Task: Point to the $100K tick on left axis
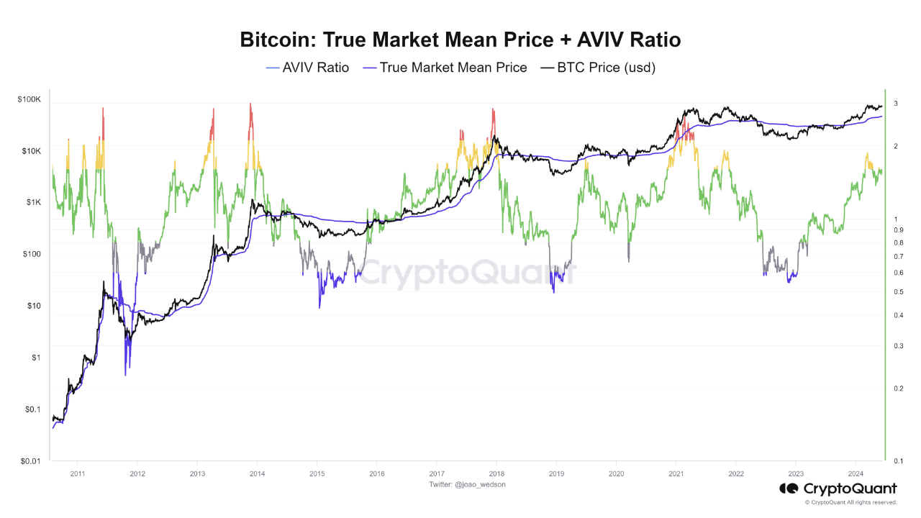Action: tap(30, 100)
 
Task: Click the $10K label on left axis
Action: tap(32, 152)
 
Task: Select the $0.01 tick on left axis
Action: tap(31, 461)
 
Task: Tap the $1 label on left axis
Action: tap(37, 358)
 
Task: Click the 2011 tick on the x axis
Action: tap(78, 474)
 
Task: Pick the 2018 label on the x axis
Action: tap(496, 474)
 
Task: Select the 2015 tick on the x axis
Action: tap(317, 474)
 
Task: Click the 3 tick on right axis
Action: tap(896, 104)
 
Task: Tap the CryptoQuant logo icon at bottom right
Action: tap(789, 489)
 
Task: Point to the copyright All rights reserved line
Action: tap(850, 502)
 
